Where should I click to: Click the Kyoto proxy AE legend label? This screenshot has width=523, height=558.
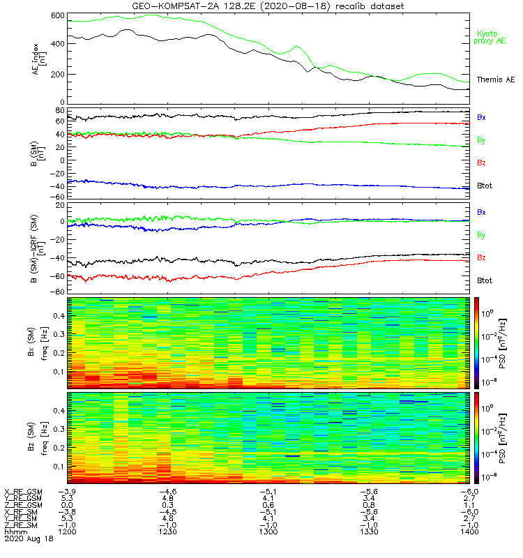click(x=490, y=37)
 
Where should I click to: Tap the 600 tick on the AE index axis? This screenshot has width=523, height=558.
click(x=56, y=15)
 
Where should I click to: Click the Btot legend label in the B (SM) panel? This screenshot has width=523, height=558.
click(x=485, y=186)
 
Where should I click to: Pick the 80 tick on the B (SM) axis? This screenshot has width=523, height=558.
click(x=60, y=110)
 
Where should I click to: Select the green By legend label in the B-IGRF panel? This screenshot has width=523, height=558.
click(x=481, y=235)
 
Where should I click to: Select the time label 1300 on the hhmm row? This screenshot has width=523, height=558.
click(x=267, y=531)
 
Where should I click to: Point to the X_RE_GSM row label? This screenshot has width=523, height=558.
click(x=23, y=492)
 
